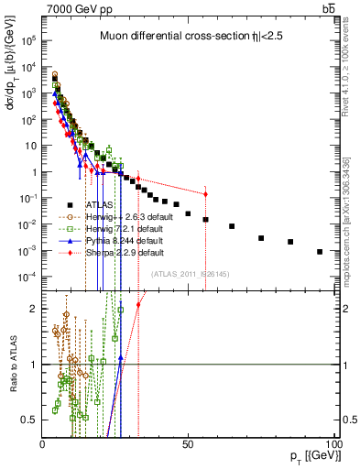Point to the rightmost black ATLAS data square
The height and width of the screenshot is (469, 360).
click(x=320, y=252)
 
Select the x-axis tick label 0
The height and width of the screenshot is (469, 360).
click(x=42, y=443)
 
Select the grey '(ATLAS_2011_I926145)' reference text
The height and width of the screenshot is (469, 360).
click(x=190, y=273)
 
